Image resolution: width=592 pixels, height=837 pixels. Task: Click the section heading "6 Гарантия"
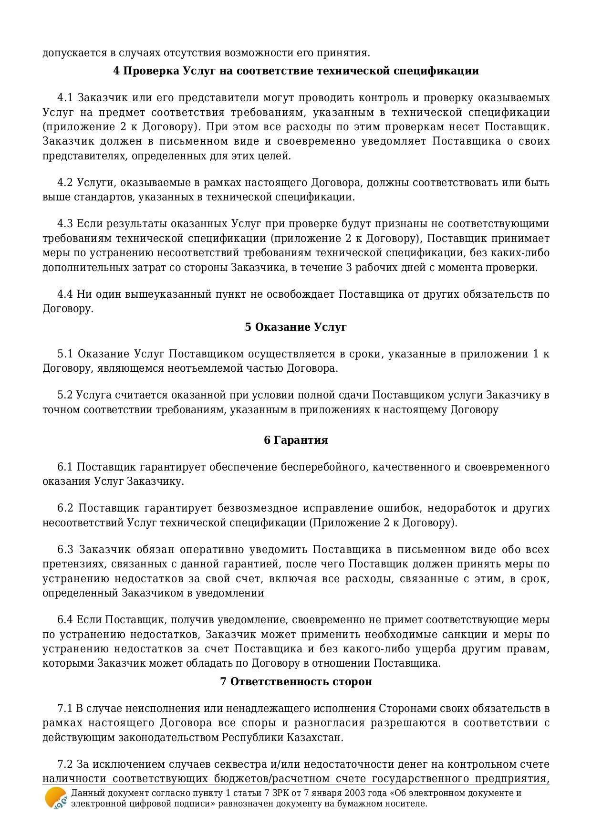tap(296, 440)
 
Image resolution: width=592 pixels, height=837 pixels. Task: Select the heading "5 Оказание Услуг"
tap(296, 327)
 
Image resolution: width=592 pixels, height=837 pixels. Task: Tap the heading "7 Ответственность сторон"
tap(296, 681)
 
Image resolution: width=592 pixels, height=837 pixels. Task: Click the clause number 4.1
tap(65, 98)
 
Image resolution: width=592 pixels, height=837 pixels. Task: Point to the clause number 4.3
tap(65, 224)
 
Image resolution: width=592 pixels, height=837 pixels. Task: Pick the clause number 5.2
tap(65, 395)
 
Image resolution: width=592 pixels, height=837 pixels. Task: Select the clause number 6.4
tap(65, 620)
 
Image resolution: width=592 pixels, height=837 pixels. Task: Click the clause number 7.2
tap(65, 764)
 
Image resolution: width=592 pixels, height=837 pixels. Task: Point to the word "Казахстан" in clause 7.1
tap(314, 737)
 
